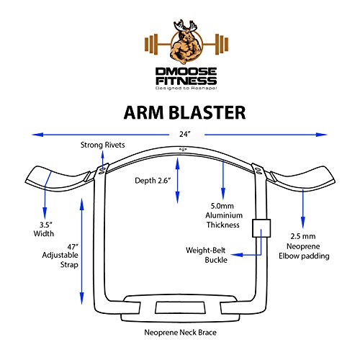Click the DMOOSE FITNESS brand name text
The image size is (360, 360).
click(179, 71)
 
